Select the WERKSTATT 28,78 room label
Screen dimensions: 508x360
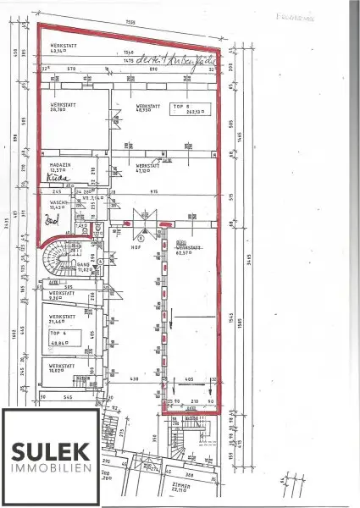62,108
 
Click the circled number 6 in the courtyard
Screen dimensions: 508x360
143,239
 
